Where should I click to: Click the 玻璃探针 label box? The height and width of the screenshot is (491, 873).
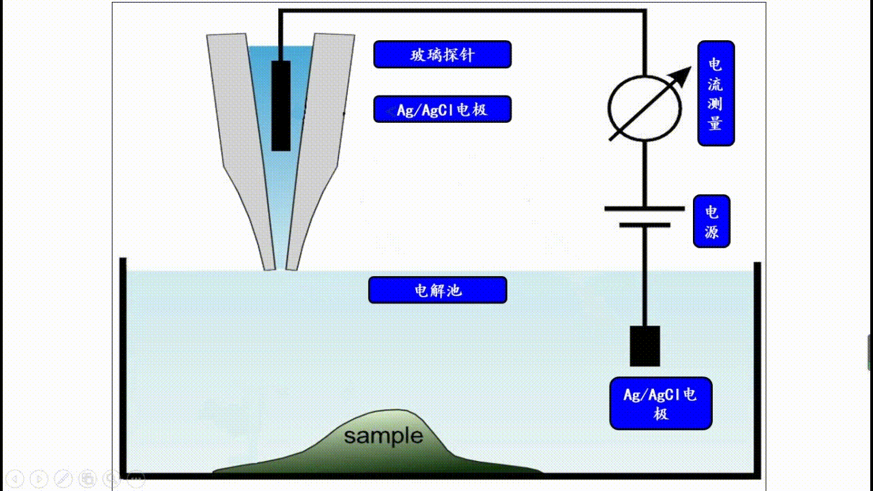[442, 55]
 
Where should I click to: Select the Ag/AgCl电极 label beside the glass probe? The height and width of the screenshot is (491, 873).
[442, 109]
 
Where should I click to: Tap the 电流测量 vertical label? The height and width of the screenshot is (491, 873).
[715, 93]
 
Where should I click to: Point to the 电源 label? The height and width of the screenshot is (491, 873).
[711, 222]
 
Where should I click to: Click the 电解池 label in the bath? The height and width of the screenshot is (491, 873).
[437, 290]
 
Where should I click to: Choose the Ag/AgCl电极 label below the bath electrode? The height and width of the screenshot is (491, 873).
[660, 403]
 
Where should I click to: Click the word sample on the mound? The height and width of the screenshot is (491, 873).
[383, 436]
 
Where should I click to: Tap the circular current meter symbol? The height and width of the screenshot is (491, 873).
[644, 108]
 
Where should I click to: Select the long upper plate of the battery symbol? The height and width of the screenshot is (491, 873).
[644, 209]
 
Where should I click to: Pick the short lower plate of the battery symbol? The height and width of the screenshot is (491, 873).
[644, 224]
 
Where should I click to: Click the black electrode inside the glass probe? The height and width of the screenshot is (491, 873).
[281, 106]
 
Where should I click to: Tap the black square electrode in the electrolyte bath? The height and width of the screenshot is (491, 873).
[644, 346]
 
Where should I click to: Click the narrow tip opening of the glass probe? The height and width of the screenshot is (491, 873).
[280, 266]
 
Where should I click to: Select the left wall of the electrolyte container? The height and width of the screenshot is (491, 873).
[123, 368]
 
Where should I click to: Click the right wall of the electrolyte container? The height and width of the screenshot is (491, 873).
[757, 368]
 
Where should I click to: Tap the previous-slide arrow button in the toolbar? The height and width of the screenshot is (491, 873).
[16, 479]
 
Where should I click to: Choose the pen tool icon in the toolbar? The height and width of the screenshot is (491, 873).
[63, 479]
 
